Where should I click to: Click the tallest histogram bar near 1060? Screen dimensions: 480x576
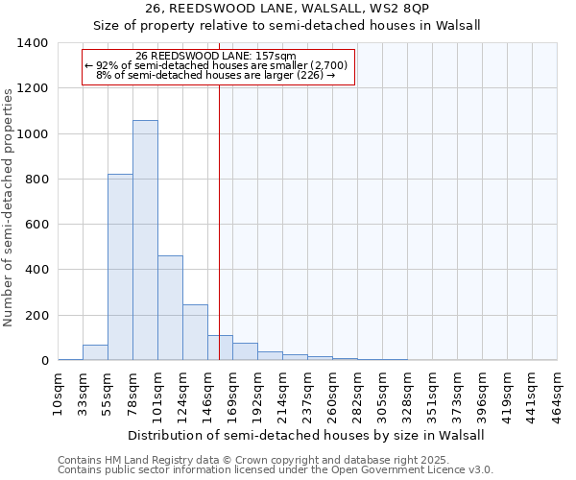pos(145,240)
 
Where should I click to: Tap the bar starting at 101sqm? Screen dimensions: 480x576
pos(170,307)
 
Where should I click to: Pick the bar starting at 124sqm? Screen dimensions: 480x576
pos(195,332)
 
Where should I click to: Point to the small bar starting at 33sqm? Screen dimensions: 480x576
pos(95,352)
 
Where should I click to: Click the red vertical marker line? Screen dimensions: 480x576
pos(220,221)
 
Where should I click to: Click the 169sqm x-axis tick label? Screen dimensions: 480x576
pos(233,393)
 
